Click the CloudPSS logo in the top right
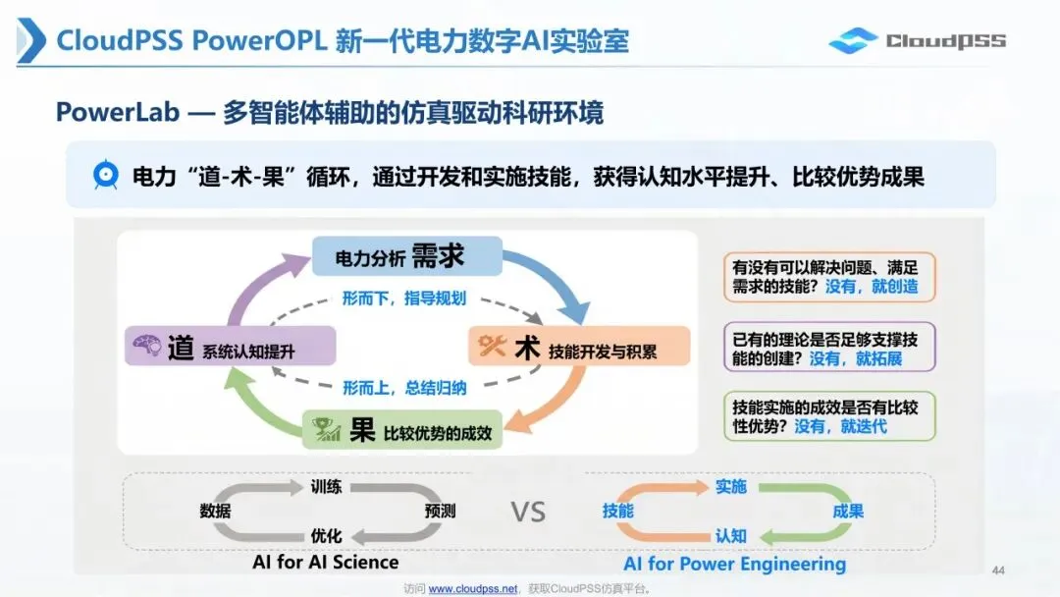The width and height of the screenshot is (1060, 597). click(x=918, y=40)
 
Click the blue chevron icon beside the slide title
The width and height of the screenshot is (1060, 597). click(x=31, y=40)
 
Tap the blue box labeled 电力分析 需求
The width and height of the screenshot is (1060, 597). click(x=407, y=256)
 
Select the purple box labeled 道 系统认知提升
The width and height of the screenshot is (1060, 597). click(x=230, y=347)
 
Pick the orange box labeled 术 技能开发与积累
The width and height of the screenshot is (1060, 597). click(x=579, y=347)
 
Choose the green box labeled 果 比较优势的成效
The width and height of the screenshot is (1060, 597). click(x=402, y=430)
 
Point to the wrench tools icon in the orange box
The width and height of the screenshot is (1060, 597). click(x=492, y=346)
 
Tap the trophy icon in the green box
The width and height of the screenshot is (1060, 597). click(x=326, y=429)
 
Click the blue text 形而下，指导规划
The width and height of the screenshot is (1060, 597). click(x=404, y=298)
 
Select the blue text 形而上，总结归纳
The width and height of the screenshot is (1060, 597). click(x=404, y=388)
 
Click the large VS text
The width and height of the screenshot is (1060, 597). click(x=528, y=512)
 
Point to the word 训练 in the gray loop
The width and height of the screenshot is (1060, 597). click(x=326, y=487)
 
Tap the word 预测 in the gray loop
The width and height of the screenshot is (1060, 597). click(x=440, y=512)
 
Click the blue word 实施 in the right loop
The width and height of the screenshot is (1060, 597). click(x=731, y=487)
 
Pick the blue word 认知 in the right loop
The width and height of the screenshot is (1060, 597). click(x=731, y=536)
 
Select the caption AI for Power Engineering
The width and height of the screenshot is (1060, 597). click(x=735, y=564)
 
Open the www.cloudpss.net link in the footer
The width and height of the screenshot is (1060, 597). click(x=473, y=589)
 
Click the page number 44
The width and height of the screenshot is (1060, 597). click(x=998, y=570)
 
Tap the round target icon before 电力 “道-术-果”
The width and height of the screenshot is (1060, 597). click(x=105, y=175)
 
